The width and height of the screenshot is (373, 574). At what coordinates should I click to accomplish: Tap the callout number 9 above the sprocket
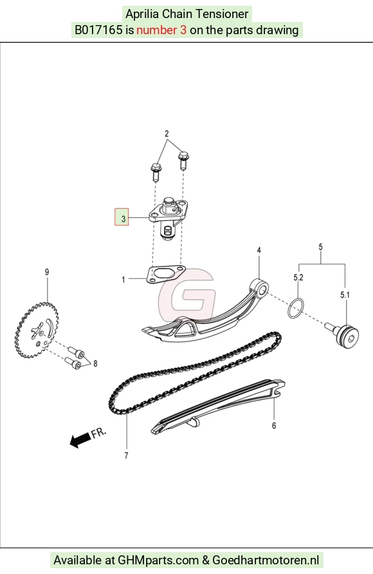click(x=47, y=272)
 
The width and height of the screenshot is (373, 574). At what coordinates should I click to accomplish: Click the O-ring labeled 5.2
click(x=296, y=308)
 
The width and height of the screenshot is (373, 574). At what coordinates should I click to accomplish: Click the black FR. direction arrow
click(x=80, y=439)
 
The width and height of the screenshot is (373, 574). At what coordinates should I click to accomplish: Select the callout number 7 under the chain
click(x=126, y=455)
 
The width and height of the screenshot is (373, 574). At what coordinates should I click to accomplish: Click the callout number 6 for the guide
click(x=274, y=426)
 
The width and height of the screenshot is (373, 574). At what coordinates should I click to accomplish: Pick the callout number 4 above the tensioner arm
click(x=259, y=251)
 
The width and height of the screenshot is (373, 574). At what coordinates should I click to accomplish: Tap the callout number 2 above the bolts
click(x=167, y=133)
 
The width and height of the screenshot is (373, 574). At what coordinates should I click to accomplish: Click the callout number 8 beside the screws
click(x=95, y=363)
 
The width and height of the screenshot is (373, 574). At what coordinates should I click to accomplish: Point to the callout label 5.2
click(x=298, y=278)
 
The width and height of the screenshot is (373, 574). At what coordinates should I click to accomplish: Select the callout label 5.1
click(x=345, y=294)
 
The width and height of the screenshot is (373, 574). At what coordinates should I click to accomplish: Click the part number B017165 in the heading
click(x=98, y=30)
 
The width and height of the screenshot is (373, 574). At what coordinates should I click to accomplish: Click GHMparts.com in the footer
click(x=158, y=560)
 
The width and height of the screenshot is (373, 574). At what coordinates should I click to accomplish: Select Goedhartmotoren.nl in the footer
click(x=266, y=560)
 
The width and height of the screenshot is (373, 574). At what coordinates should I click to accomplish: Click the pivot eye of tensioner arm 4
click(x=260, y=287)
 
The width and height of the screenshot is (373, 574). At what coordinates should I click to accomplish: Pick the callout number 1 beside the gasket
click(x=123, y=280)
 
